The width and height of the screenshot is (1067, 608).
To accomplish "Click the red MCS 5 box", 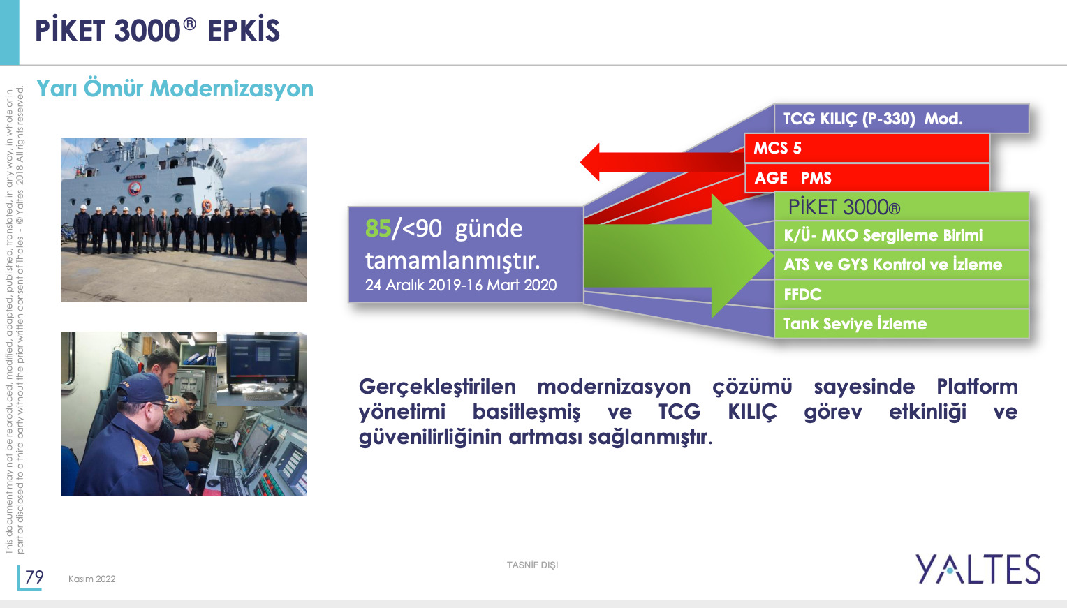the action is click(x=867, y=148).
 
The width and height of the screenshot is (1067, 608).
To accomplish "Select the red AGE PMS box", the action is click(x=867, y=177).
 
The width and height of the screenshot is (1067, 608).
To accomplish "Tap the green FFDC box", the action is click(x=902, y=295).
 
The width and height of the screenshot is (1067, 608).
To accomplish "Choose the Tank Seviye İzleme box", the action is click(x=902, y=324).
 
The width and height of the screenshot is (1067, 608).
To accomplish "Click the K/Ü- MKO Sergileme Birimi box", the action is click(x=902, y=235).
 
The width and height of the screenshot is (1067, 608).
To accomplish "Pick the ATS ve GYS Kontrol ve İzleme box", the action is click(x=902, y=265).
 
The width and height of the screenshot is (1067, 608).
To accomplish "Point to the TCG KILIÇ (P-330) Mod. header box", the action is click(x=902, y=119).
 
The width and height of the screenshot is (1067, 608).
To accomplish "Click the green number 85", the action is click(x=378, y=228).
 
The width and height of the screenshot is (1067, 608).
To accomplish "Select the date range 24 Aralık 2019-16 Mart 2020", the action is click(x=461, y=285).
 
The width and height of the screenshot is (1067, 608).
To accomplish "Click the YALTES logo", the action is click(x=978, y=569).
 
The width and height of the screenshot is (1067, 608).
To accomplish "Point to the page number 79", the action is click(x=34, y=577).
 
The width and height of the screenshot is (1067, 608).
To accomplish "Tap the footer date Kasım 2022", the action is click(x=92, y=579).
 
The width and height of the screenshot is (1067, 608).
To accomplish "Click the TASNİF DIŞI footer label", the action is click(x=533, y=565).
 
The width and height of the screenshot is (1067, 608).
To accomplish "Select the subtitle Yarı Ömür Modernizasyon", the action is click(x=175, y=89).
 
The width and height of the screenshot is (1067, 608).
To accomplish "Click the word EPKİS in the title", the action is click(x=244, y=31).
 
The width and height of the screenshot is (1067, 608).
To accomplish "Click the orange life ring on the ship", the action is click(x=207, y=206).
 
